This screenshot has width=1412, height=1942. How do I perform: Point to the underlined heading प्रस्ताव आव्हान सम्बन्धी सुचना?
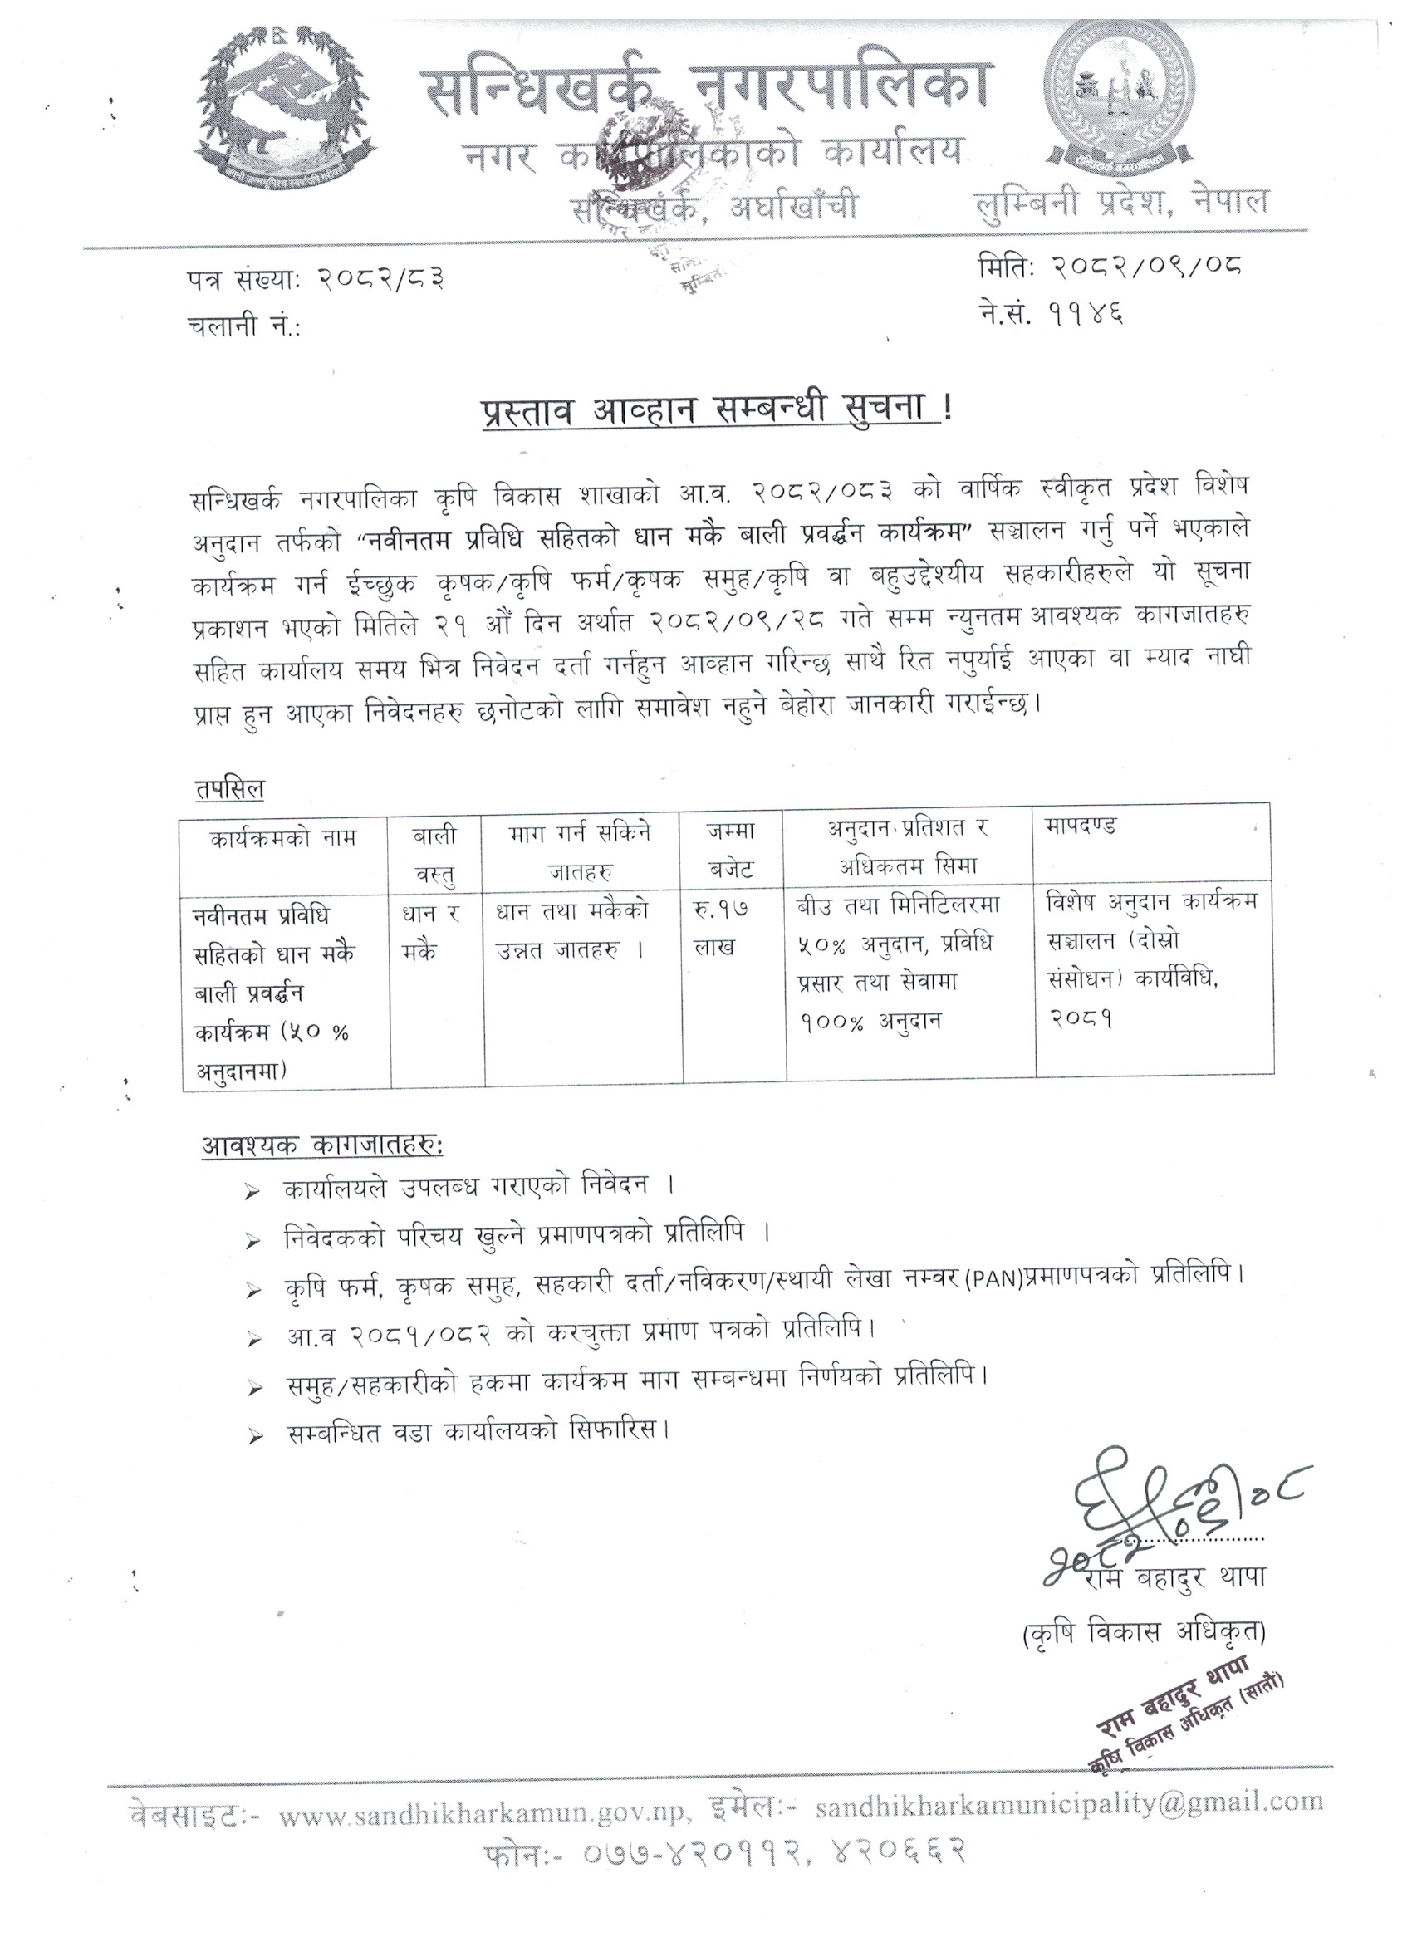pyautogui.click(x=707, y=410)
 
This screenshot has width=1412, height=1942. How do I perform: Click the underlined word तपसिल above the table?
pyautogui.click(x=229, y=790)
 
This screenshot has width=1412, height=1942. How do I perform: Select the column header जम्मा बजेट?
pyautogui.click(x=731, y=850)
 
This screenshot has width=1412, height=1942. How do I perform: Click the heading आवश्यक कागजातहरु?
pyautogui.click(x=322, y=1145)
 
